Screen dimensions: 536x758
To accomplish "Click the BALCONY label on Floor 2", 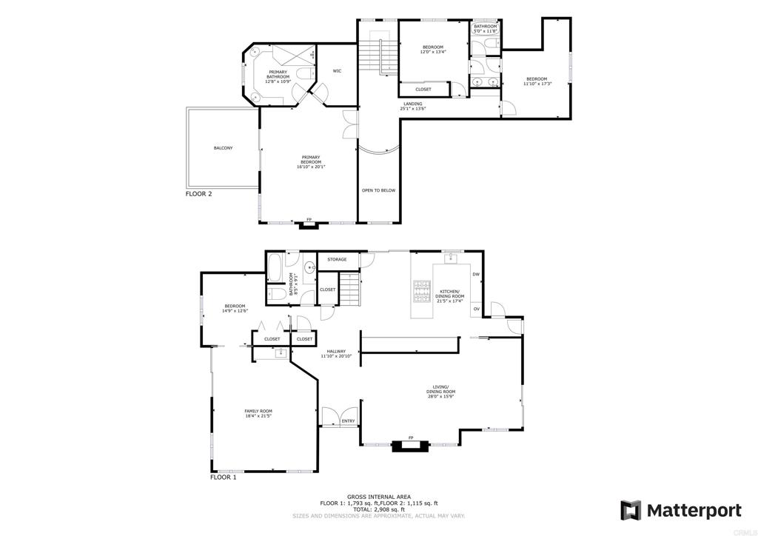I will coord(223,148).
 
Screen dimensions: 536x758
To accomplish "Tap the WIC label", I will coord(337,71).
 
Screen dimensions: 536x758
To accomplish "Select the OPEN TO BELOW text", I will coord(378,190).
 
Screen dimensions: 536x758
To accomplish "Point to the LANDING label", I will coord(412,104).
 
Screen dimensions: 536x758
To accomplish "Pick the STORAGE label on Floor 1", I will coord(337,259).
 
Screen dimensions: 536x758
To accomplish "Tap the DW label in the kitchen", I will coord(476,274).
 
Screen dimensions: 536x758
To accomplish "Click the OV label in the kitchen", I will coord(476,308).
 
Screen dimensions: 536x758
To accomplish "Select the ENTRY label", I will coord(348,421).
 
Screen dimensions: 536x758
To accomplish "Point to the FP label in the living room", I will coord(410,438).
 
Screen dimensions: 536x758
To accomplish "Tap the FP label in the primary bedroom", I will coord(309,220).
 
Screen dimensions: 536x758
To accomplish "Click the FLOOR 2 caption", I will coord(198,194).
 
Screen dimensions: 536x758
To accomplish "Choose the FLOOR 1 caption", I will coord(223,478).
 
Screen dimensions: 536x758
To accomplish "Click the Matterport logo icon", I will coord(631,510).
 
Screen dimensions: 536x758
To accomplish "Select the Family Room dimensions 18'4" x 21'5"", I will coord(258,416).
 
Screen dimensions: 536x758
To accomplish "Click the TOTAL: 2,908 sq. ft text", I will coord(378,509).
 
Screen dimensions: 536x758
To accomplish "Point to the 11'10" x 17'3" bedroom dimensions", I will coord(537,84).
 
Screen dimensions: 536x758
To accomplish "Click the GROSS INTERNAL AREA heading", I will coord(378,497).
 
